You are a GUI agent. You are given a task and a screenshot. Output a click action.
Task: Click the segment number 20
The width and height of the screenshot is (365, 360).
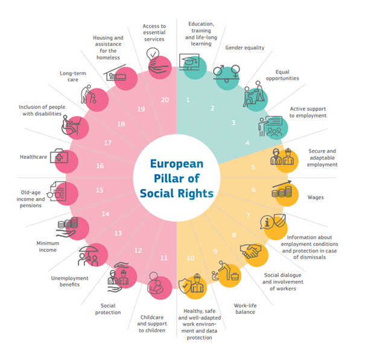coord(165,100)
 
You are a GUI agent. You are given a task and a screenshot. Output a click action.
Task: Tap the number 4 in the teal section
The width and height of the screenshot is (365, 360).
coord(247,143)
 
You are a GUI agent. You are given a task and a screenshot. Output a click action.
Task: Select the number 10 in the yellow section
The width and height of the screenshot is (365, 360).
coord(191,258)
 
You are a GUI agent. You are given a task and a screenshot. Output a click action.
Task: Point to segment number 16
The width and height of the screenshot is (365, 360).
coord(100,166)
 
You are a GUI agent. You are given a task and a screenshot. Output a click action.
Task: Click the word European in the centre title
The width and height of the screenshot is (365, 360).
coord(177,164)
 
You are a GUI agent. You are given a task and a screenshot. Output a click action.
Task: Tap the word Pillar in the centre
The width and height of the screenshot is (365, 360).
coord(167,178)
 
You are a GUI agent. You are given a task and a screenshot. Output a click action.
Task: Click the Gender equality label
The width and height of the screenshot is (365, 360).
coord(245,48)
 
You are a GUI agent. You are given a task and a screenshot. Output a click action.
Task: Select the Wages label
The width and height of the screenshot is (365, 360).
coord(316,198)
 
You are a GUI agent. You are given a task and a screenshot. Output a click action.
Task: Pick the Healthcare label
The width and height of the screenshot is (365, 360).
coord(33,157)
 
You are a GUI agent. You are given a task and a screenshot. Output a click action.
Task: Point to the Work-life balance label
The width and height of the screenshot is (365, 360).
coord(245,309)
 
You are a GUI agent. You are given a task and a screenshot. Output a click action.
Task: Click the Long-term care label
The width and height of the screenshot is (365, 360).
coord(73,77)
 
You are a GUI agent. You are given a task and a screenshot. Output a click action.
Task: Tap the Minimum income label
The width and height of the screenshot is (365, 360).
coord(48,246)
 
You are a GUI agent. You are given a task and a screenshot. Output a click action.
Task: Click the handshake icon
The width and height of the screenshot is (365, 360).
coord(250,251)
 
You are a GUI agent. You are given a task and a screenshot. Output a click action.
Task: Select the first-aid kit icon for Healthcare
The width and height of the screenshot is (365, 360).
coord(59,156)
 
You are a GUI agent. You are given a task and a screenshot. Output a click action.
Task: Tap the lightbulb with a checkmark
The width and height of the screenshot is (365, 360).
coord(153,54)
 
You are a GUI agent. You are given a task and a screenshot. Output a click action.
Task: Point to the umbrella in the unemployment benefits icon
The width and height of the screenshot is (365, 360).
coord(89,249)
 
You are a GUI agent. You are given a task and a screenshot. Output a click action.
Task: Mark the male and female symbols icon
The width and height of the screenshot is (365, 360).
coord(227,73)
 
